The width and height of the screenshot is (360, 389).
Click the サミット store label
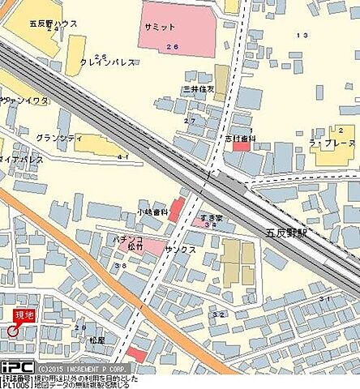[160, 26]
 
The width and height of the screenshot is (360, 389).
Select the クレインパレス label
[100, 61]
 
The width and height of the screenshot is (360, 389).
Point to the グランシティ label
[59, 138]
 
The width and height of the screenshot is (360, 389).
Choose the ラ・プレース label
[332, 143]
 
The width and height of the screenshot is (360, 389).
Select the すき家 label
[209, 218]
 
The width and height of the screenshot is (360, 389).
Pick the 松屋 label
[97, 340]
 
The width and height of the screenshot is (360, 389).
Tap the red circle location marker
[13, 329]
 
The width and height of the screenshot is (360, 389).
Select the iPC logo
[16, 366]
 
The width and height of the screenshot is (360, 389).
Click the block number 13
[302, 35]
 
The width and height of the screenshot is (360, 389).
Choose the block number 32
[218, 314]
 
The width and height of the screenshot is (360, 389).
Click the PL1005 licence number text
[15, 384]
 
